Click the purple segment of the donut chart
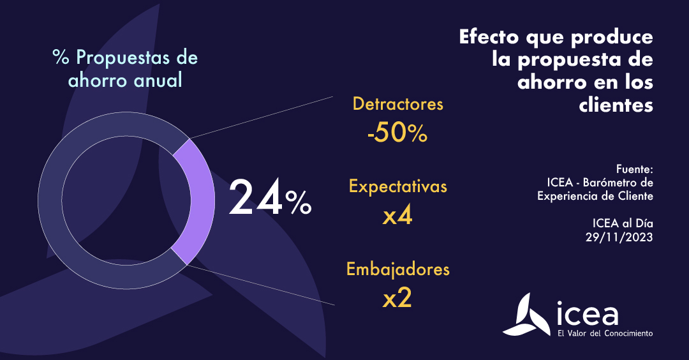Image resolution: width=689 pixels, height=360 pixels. tap(192, 201)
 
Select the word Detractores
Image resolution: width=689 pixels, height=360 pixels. tap(397, 103)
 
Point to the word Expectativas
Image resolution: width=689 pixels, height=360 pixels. tap(397, 186)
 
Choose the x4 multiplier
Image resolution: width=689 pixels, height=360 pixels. tap(397, 216)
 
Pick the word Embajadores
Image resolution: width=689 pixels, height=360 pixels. tap(397, 269)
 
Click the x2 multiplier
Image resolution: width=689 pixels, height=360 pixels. tap(397, 298)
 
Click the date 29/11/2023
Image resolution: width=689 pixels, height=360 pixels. tap(619, 236)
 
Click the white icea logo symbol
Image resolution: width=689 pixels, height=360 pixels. tap(527, 315)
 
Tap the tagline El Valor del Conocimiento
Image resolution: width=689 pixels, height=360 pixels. tap(605, 333)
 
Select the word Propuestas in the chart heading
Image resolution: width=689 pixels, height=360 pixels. tap(124, 57)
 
